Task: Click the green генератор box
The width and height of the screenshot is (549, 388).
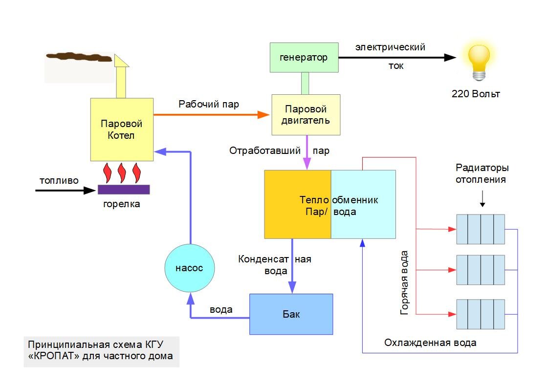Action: coord(304,58)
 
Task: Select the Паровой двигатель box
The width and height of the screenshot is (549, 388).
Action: coord(306,115)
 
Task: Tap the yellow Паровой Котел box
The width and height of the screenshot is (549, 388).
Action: coord(122,129)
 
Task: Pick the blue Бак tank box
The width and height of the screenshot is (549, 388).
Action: coord(291,314)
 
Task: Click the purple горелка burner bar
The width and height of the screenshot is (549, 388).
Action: coord(124,189)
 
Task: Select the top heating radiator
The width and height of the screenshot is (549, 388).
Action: coord(480,229)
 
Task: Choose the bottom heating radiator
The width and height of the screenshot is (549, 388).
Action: coord(480,314)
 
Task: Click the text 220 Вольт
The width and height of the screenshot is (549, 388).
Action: coord(476,94)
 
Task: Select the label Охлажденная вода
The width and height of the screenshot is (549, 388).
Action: coord(430,343)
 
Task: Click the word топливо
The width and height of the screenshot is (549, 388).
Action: coord(59,180)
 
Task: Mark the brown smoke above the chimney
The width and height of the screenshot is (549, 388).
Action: coord(78,57)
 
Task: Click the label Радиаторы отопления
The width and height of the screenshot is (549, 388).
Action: coord(482,173)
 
